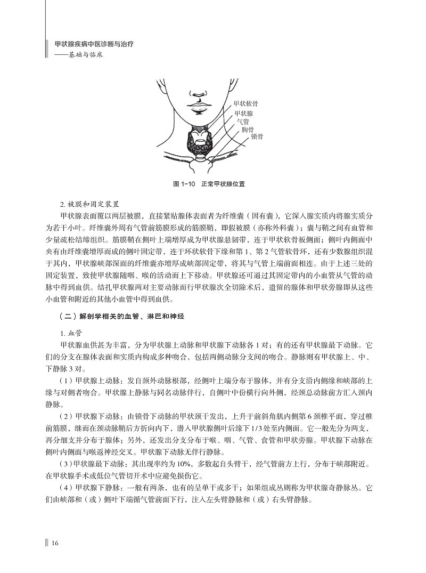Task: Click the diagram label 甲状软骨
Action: (245, 103)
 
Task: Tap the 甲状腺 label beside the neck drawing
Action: (243, 114)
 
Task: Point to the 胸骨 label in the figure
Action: (248, 129)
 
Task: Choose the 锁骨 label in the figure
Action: (257, 136)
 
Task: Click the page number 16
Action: (54, 543)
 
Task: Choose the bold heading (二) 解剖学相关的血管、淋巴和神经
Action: (122, 316)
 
